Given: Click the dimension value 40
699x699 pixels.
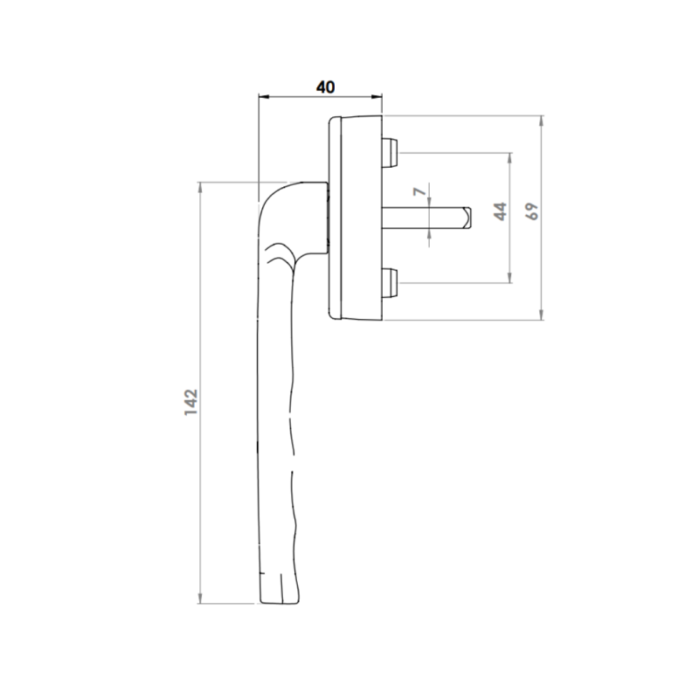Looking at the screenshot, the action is (x=325, y=87).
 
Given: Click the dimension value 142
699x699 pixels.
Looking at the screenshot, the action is (x=190, y=403).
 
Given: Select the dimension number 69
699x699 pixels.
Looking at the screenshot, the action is (x=532, y=211).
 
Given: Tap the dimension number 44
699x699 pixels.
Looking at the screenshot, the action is (x=501, y=211).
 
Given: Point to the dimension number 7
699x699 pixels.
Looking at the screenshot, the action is (x=419, y=191).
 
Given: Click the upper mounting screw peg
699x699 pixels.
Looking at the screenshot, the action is (x=390, y=152).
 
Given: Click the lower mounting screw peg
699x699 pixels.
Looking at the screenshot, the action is (x=390, y=282).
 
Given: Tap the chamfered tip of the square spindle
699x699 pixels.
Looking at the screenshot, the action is (x=467, y=218).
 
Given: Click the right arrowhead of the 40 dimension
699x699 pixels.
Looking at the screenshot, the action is (x=377, y=97).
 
